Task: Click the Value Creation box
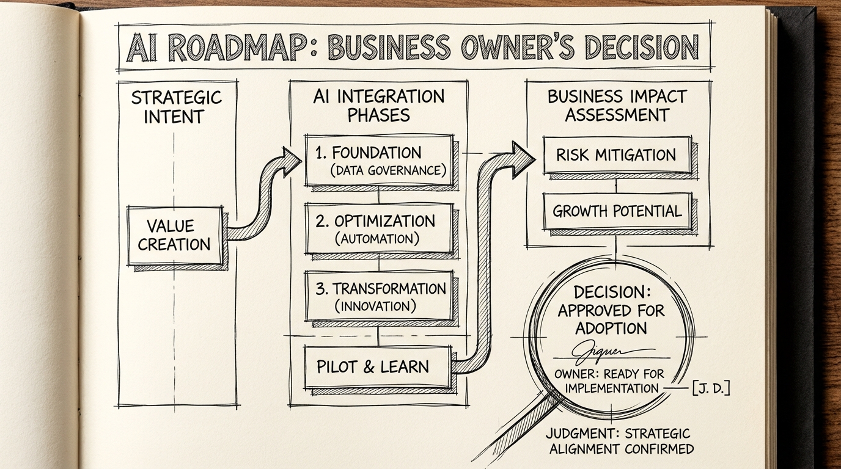tap(175, 235)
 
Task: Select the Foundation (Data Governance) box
tap(378, 161)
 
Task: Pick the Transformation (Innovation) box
tap(380, 296)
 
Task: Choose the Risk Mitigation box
tap(616, 155)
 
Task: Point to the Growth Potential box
tap(616, 211)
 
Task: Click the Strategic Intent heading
tap(176, 107)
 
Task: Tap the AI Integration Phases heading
tap(379, 105)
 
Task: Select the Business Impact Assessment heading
tap(617, 105)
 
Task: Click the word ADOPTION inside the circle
tap(611, 328)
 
